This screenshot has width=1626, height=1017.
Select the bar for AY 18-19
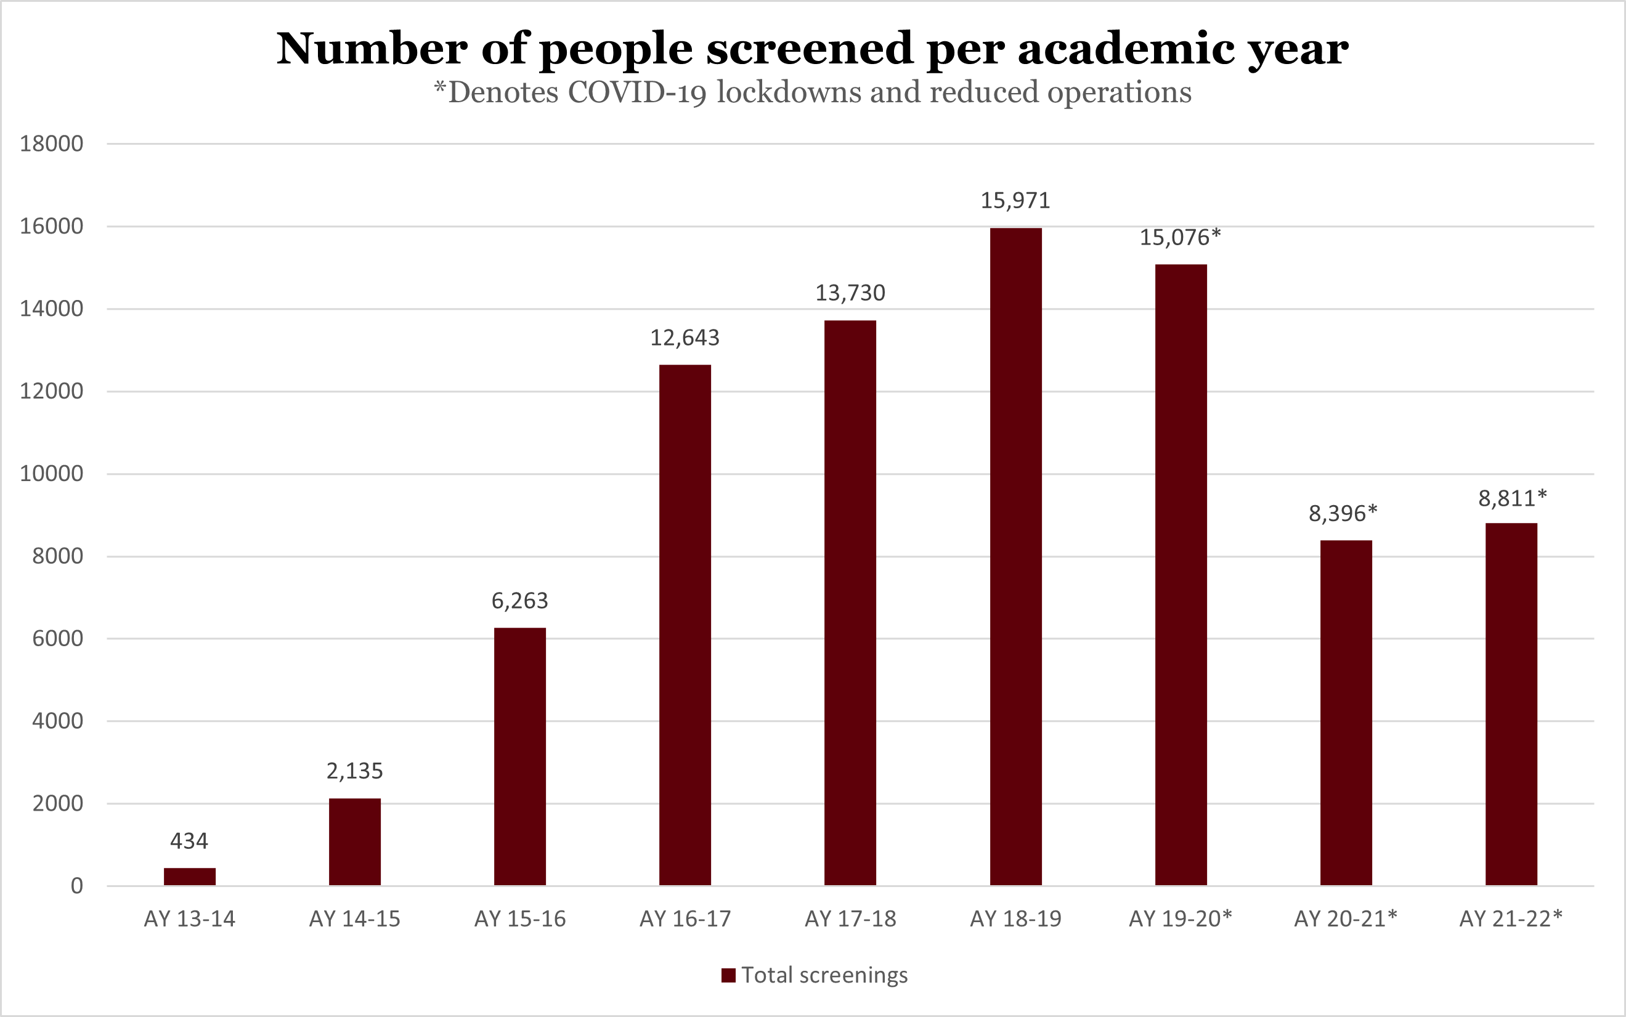(1015, 557)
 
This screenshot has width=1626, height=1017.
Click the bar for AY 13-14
(190, 877)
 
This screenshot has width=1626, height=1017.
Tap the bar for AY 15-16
(520, 756)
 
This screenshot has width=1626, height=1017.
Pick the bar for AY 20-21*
(1346, 713)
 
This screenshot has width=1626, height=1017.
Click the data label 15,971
(1015, 200)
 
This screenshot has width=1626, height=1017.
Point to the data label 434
(189, 841)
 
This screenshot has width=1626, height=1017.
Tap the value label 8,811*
(1512, 498)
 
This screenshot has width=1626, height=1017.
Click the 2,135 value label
(354, 771)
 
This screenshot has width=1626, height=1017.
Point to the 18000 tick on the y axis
(52, 144)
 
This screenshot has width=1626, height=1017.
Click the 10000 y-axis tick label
(52, 474)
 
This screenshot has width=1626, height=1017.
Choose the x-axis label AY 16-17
(685, 919)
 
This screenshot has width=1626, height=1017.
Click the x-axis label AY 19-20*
(1180, 919)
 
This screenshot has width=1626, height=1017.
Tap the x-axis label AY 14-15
(354, 919)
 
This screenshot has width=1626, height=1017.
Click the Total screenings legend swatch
(728, 975)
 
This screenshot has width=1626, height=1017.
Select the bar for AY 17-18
(850, 602)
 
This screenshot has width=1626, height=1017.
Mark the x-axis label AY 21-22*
(1510, 919)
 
